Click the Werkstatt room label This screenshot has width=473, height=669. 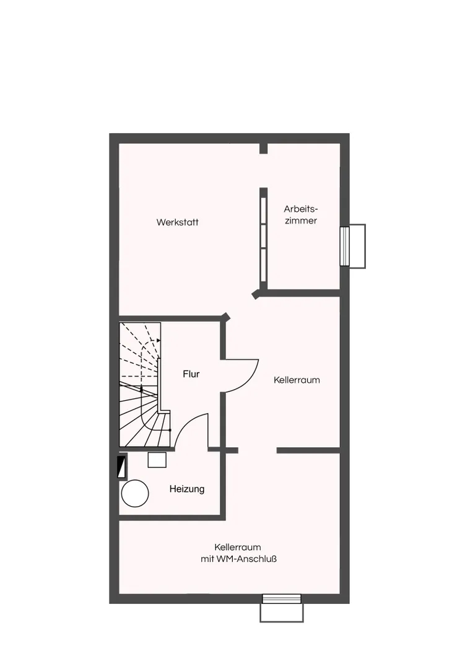pyautogui.click(x=178, y=222)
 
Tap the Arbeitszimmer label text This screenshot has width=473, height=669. pyautogui.click(x=301, y=214)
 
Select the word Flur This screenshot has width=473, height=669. pyautogui.click(x=191, y=374)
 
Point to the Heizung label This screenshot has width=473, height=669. pyautogui.click(x=187, y=489)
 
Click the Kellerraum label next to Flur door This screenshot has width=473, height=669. pyautogui.click(x=297, y=380)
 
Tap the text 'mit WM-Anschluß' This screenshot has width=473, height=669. pyautogui.click(x=238, y=559)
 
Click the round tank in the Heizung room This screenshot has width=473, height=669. pyautogui.click(x=135, y=493)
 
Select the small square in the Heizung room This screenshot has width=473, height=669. pyautogui.click(x=157, y=460)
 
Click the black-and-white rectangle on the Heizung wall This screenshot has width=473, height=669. pyautogui.click(x=122, y=467)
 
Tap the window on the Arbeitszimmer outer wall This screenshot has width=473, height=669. pyautogui.click(x=345, y=246)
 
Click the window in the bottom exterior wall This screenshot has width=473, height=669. pyautogui.click(x=282, y=599)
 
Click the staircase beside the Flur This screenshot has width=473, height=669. pyautogui.click(x=140, y=384)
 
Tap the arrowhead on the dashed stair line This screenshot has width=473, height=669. pyautogui.click(x=158, y=340)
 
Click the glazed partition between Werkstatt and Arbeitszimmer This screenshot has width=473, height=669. pyautogui.click(x=264, y=239)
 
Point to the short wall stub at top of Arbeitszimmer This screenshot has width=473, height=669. pyautogui.click(x=264, y=148)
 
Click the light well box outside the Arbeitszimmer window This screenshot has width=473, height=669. pyautogui.click(x=357, y=246)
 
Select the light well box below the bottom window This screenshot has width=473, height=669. pyautogui.click(x=282, y=613)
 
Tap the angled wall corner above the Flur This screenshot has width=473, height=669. pyautogui.click(x=225, y=317)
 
